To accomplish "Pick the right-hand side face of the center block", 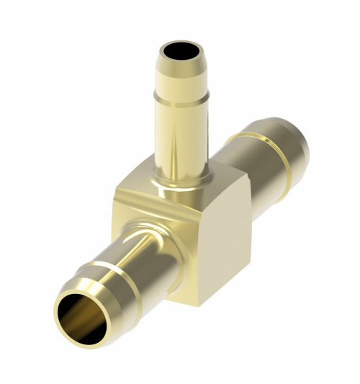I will (x=220, y=238).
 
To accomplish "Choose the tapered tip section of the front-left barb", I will (x=86, y=292).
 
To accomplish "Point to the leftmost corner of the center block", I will (x=115, y=193).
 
